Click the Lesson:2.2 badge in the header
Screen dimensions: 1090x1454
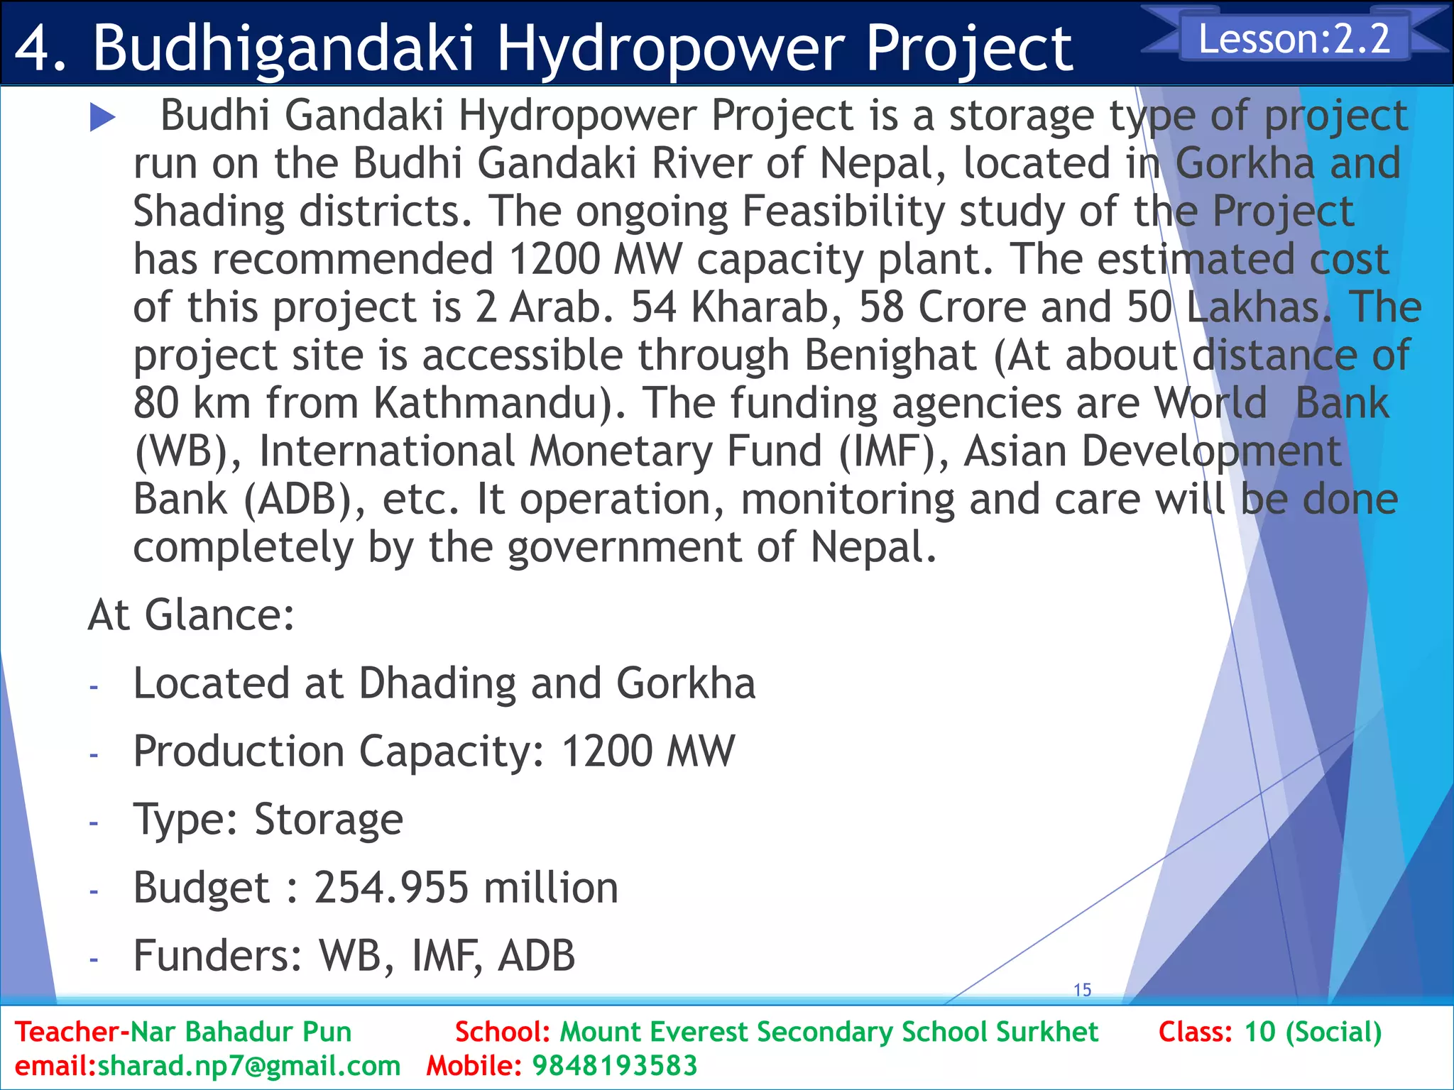(x=1294, y=38)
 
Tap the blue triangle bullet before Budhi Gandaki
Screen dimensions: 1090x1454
(x=103, y=118)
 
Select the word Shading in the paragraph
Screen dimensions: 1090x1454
(x=209, y=212)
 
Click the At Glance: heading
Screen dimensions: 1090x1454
(x=191, y=615)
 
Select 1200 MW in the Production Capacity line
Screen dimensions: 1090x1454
(x=647, y=752)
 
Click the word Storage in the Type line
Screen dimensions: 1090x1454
(x=329, y=820)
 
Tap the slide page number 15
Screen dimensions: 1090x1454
(x=1082, y=990)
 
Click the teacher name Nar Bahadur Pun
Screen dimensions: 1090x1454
(x=241, y=1032)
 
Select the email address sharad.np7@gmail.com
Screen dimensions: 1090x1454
(x=248, y=1066)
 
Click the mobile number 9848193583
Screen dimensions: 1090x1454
(x=615, y=1066)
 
